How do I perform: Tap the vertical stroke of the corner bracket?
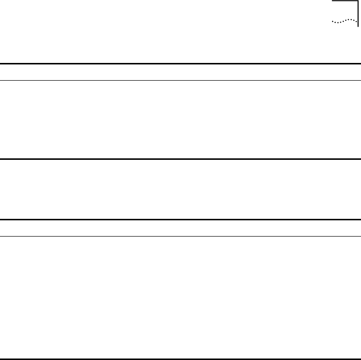coord(358,15)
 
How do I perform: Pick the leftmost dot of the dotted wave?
coord(332,22)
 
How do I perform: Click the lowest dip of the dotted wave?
coord(337,23)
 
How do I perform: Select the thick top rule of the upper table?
coord(180,63)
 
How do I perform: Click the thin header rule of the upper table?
coord(180,80)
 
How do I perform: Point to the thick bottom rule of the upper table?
coord(180,159)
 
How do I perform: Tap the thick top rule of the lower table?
coord(180,219)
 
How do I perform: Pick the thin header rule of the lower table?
coord(180,236)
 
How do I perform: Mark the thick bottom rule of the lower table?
coord(180,358)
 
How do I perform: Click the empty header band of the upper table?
coord(180,72)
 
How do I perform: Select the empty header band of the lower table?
coord(180,228)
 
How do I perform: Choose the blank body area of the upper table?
coord(180,120)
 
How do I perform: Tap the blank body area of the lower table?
coord(180,297)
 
